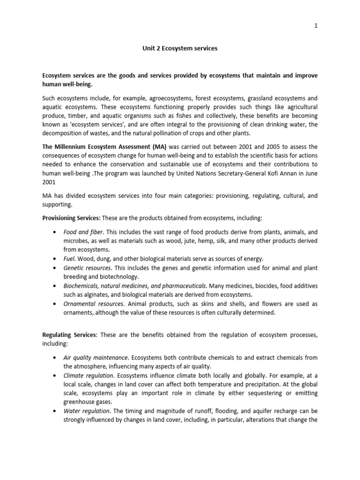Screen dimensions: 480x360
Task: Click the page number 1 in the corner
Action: tap(316, 26)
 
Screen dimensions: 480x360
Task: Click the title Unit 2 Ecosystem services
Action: tap(180, 49)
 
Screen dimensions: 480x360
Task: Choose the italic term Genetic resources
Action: tap(87, 268)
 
